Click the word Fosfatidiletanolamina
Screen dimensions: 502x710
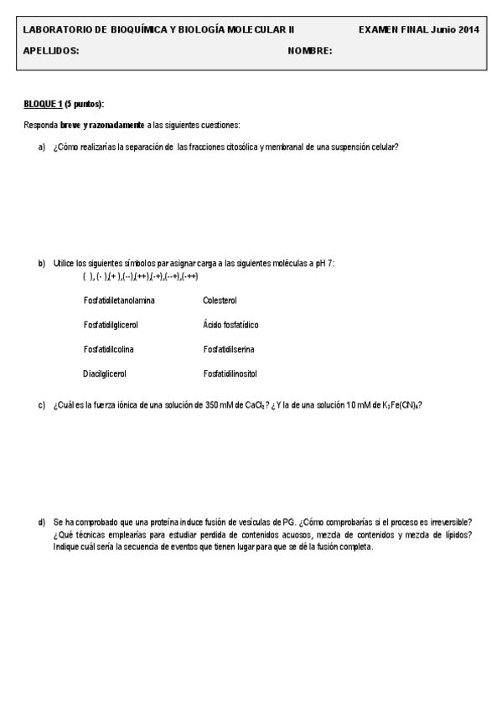119,299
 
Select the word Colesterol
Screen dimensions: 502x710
220,299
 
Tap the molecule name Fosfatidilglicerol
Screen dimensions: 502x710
111,323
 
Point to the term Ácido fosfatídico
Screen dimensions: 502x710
230,323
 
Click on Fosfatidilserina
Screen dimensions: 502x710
229,348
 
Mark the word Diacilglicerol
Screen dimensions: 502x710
104,373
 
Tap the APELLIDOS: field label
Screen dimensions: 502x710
51,50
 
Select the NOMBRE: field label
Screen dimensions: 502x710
310,50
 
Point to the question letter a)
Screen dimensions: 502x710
41,147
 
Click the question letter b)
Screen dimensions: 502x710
41,263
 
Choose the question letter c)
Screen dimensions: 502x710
41,405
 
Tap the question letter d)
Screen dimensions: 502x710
41,522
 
